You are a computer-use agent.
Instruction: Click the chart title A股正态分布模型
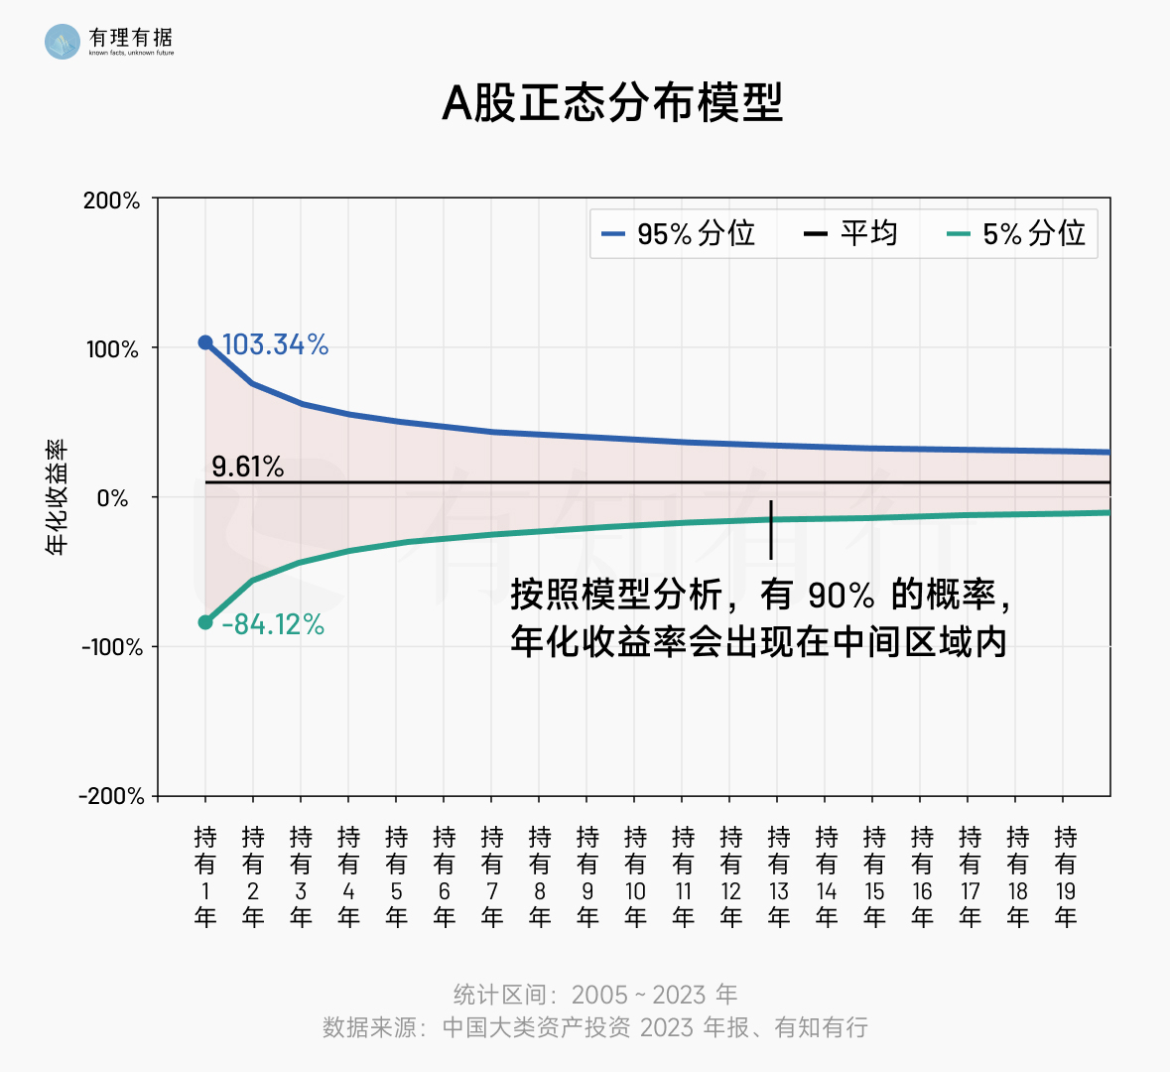tap(612, 102)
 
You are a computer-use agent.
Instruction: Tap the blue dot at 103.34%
tap(205, 342)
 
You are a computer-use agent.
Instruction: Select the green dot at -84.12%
tap(205, 622)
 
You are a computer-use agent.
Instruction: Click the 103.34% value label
tap(275, 344)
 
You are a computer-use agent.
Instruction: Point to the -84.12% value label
tap(273, 624)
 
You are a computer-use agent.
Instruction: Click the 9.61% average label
tap(247, 467)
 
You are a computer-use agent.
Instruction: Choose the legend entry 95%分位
tap(679, 234)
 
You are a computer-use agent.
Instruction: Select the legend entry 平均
tap(850, 234)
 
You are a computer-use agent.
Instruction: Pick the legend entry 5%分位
tap(1017, 234)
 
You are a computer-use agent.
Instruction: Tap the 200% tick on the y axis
tap(112, 201)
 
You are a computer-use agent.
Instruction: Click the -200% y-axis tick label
tap(112, 796)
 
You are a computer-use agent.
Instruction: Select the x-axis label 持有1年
tap(205, 876)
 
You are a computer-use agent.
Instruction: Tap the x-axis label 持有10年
tap(635, 876)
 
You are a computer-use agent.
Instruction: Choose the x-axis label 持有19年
tap(1065, 876)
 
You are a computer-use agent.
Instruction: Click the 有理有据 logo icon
tap(63, 41)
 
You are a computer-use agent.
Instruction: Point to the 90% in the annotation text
tap(841, 596)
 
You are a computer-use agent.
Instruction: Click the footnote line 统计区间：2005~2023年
tap(595, 995)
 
